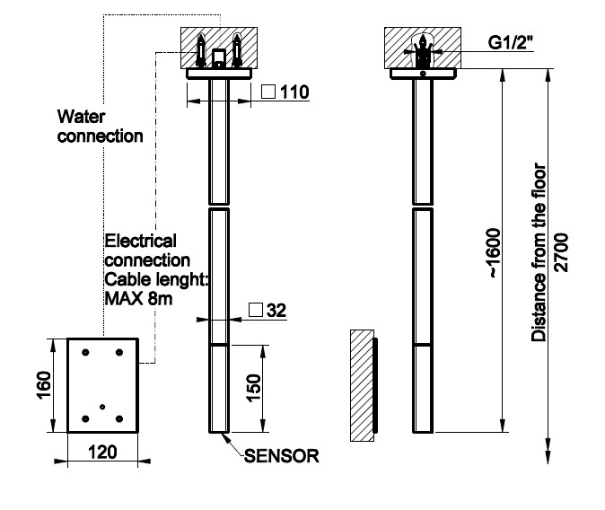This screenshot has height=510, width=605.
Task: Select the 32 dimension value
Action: click(x=276, y=311)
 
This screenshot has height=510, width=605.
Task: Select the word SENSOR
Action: click(x=282, y=456)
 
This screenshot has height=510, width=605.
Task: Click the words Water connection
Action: click(x=100, y=127)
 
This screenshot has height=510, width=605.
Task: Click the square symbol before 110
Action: click(x=267, y=92)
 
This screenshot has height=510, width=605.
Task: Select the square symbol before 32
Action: click(x=256, y=311)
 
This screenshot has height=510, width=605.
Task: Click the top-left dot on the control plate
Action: click(x=84, y=353)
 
